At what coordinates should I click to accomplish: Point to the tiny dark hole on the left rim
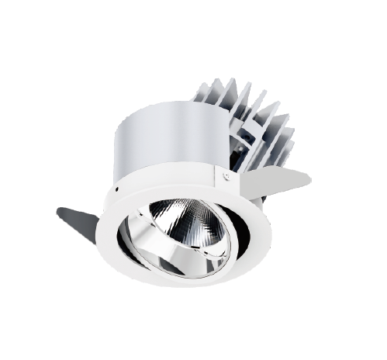point(116,189)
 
